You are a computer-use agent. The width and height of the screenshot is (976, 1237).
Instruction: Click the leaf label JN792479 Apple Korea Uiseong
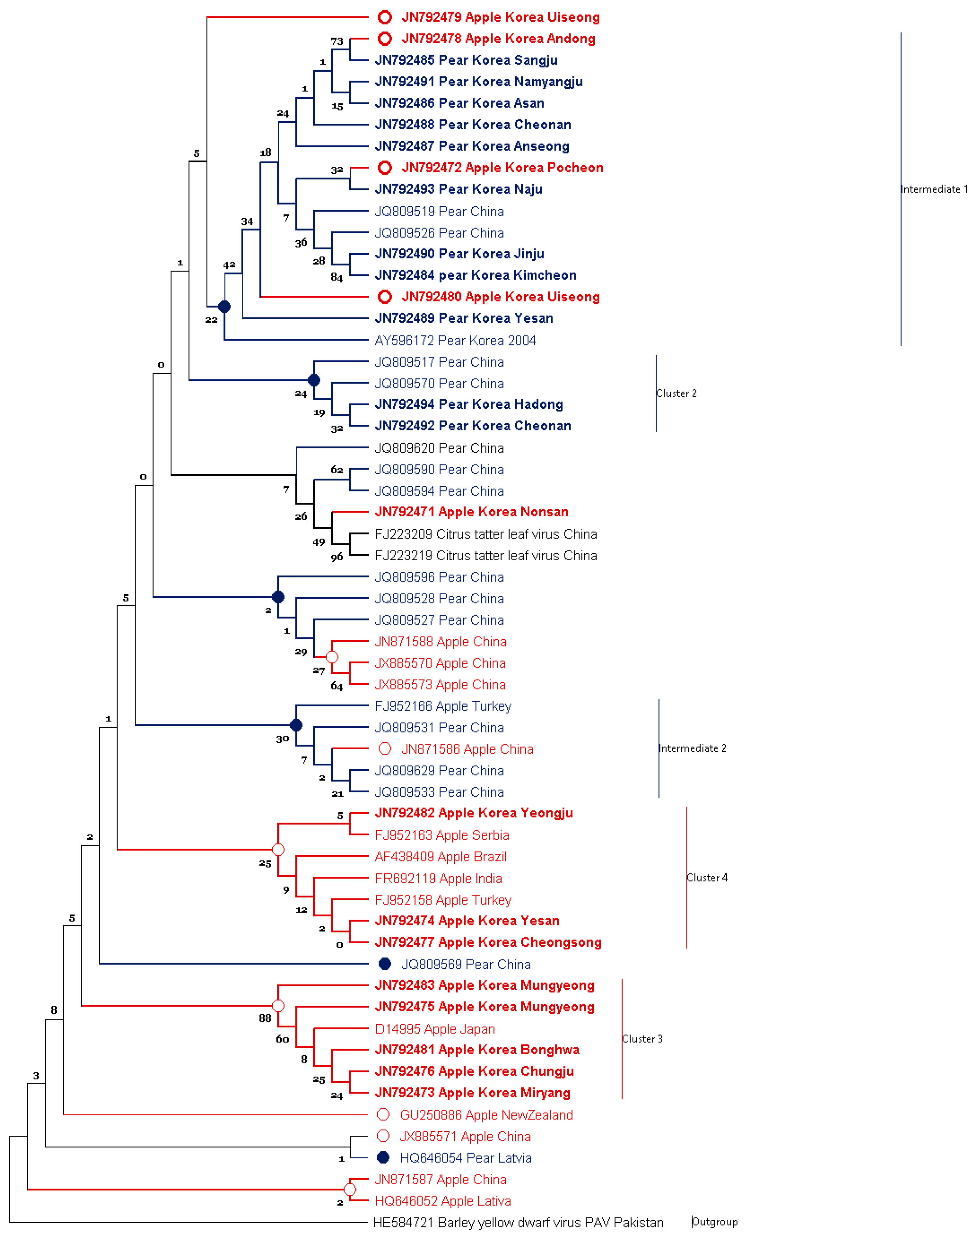pyautogui.click(x=500, y=17)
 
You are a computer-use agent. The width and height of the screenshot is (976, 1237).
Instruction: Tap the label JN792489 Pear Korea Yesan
pyautogui.click(x=463, y=318)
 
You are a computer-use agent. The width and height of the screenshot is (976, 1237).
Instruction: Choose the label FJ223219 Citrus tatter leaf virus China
pyautogui.click(x=485, y=556)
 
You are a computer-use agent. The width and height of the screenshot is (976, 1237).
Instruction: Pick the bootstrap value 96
pyautogui.click(x=337, y=557)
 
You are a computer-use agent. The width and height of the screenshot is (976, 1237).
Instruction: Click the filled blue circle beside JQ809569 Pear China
pyautogui.click(x=385, y=964)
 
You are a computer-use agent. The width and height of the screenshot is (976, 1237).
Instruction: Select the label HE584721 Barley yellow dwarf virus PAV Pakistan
pyautogui.click(x=518, y=1223)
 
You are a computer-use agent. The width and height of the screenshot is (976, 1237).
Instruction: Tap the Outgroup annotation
pyautogui.click(x=714, y=1222)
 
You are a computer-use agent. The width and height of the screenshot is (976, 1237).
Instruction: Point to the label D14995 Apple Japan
pyautogui.click(x=434, y=1029)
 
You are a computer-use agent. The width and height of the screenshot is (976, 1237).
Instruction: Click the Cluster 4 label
pyautogui.click(x=707, y=878)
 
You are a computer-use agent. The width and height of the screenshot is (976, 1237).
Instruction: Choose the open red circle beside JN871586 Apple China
pyautogui.click(x=385, y=749)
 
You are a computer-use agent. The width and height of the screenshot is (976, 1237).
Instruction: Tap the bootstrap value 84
pyautogui.click(x=337, y=278)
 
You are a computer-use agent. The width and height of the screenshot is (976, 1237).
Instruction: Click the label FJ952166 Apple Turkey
pyautogui.click(x=443, y=706)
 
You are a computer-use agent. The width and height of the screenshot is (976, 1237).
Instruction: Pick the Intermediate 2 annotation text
pyautogui.click(x=692, y=748)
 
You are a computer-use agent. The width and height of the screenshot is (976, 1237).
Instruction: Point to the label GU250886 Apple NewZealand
pyautogui.click(x=486, y=1115)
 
